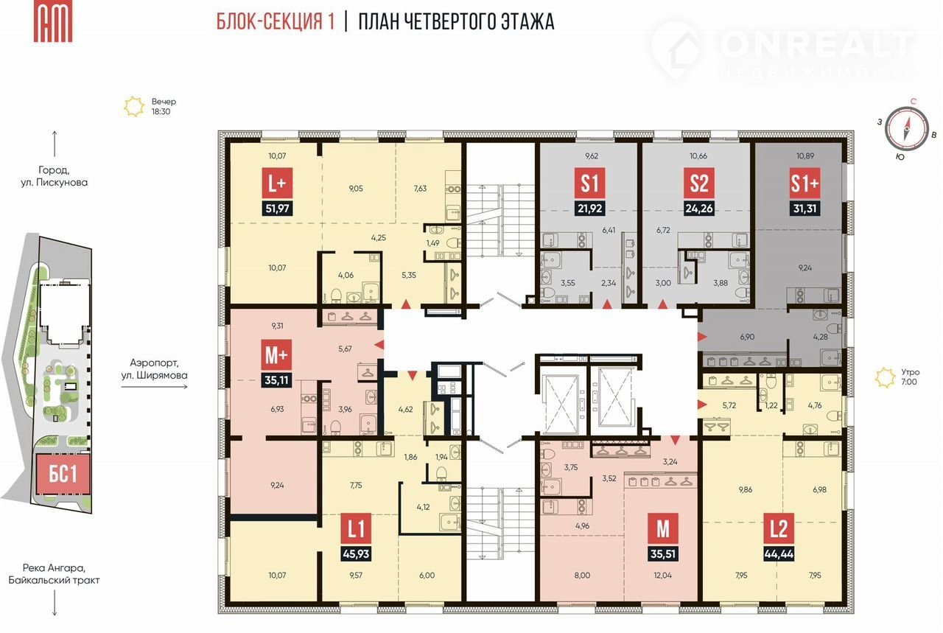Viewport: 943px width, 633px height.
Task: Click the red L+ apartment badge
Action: (x=277, y=183)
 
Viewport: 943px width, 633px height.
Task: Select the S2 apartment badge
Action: (x=699, y=183)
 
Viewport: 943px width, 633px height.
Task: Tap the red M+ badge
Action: (x=276, y=354)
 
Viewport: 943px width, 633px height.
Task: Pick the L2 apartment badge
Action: (x=779, y=528)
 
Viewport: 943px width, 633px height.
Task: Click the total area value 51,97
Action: (x=277, y=208)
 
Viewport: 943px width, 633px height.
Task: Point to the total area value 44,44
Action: (x=779, y=554)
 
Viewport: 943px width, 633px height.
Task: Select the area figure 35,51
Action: (x=663, y=554)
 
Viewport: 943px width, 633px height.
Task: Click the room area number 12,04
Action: (x=662, y=576)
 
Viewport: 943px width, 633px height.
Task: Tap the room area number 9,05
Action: (x=356, y=189)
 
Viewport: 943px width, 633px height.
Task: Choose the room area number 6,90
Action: (x=747, y=337)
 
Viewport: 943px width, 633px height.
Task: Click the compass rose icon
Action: (x=906, y=128)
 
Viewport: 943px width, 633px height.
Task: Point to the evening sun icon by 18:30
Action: (x=134, y=107)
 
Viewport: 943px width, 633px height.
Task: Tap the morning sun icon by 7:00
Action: (x=885, y=377)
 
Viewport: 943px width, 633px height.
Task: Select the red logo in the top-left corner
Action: (x=53, y=21)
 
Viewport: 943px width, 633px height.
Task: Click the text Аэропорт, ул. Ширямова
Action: (x=155, y=369)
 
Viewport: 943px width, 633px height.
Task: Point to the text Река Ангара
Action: (x=54, y=567)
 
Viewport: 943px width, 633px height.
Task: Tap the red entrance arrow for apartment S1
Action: (x=606, y=304)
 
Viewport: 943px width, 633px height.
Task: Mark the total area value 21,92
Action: (x=590, y=208)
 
